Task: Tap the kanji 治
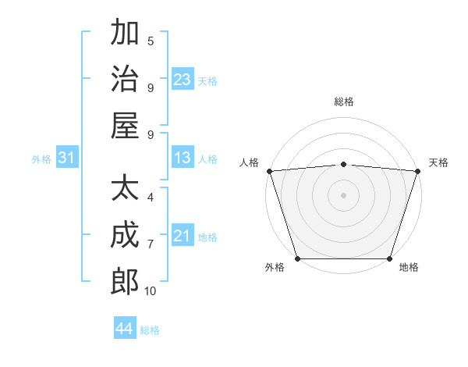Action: [x=125, y=79]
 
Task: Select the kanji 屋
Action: [x=125, y=126]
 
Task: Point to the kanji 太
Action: [x=125, y=188]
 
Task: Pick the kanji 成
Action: [x=125, y=235]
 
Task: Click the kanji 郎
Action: [x=125, y=282]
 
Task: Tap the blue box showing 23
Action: [x=183, y=80]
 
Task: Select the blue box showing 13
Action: [x=183, y=159]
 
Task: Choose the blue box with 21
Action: [x=183, y=237]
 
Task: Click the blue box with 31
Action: [x=67, y=159]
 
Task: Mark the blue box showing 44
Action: [x=125, y=329]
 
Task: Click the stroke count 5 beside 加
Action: [x=151, y=41]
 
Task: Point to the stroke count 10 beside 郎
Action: [x=151, y=291]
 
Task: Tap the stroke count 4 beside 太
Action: [x=151, y=198]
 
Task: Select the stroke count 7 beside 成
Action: [x=151, y=244]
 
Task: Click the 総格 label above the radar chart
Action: [x=344, y=102]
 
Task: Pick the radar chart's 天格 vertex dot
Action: [x=417, y=170]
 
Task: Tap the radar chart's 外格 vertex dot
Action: [x=298, y=258]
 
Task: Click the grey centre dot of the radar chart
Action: [x=344, y=194]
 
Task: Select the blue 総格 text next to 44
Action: [x=151, y=330]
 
